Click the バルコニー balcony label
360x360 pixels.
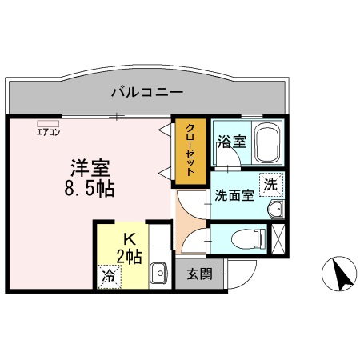click(x=146, y=92)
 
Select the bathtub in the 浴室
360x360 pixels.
click(x=266, y=144)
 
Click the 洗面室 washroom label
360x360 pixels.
click(x=234, y=194)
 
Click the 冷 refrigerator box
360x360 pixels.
click(x=106, y=276)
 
